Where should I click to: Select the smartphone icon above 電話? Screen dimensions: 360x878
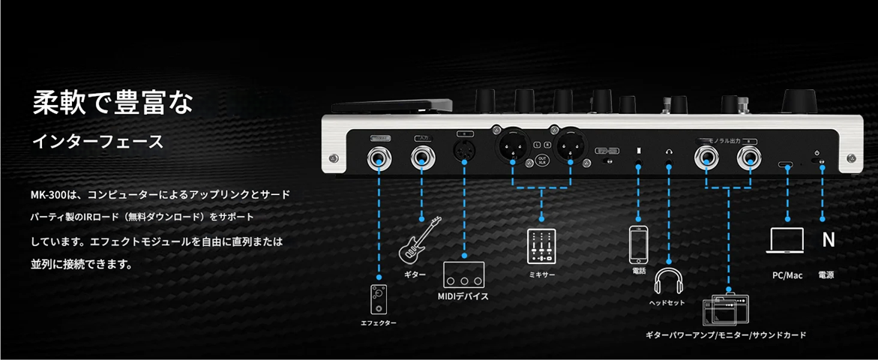(x=638, y=244)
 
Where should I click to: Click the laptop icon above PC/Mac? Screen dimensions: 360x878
(x=787, y=241)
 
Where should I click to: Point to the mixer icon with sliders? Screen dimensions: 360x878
(x=541, y=245)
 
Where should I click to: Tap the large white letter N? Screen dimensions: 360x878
(x=828, y=241)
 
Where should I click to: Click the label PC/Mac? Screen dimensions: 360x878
(x=787, y=275)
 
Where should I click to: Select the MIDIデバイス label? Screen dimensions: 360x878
(x=463, y=297)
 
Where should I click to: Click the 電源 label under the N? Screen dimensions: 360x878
(x=826, y=275)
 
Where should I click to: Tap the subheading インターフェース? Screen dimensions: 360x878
(x=97, y=141)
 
